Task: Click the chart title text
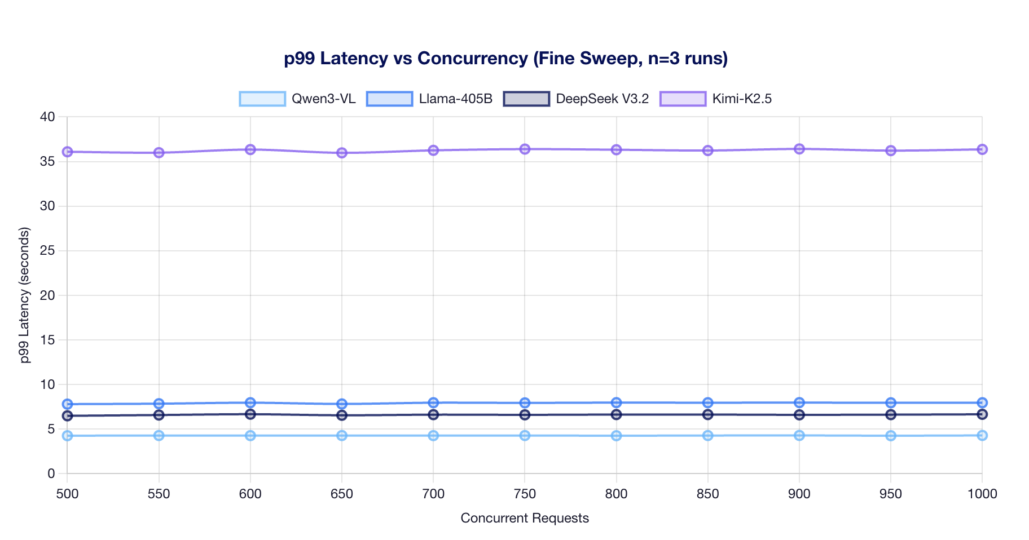pos(505,59)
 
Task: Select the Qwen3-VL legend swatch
pos(262,99)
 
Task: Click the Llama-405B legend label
pos(455,99)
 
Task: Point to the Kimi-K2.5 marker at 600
pos(250,149)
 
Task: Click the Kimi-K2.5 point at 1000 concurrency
pos(982,149)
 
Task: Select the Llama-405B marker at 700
pos(433,402)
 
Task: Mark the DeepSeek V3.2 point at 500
pos(67,416)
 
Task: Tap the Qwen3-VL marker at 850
pos(708,436)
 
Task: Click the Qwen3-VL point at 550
pos(159,436)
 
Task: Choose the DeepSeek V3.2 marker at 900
pos(799,415)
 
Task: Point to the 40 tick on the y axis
pos(47,117)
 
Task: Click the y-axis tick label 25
pos(47,251)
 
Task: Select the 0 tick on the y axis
pos(51,473)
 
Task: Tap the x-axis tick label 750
pos(525,494)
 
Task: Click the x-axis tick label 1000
pos(982,494)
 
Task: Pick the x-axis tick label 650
pos(342,494)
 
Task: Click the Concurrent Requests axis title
pos(525,518)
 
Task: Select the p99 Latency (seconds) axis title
pos(24,295)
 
